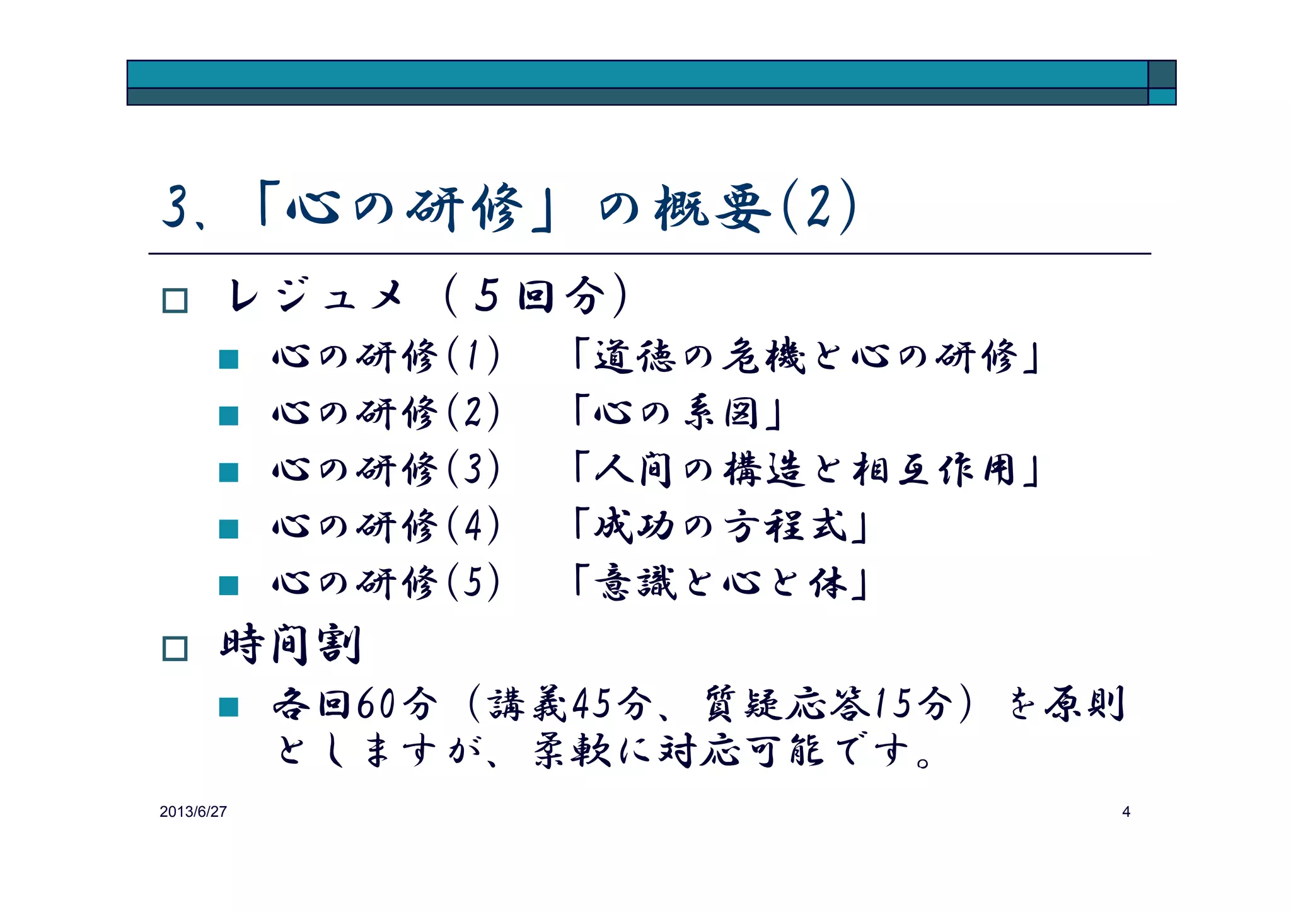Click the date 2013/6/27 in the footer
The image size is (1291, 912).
(x=193, y=812)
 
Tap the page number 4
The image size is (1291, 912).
(x=1126, y=812)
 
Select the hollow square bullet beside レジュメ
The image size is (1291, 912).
(x=175, y=301)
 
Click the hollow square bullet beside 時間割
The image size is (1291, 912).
(x=175, y=649)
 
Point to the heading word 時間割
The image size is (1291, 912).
(x=291, y=645)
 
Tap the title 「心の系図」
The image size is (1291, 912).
(x=678, y=413)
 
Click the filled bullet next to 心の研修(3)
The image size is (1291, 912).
(x=228, y=472)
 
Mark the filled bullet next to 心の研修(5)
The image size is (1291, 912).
(x=228, y=586)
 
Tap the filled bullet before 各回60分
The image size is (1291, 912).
(x=228, y=707)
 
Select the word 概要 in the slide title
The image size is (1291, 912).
(x=713, y=209)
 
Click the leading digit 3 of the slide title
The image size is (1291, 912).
(x=176, y=207)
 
